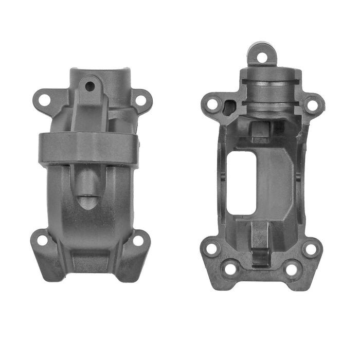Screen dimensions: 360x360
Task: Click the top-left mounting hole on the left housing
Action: click(44, 99)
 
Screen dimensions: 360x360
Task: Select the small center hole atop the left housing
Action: click(90, 86)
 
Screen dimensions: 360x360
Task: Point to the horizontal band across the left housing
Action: click(88, 148)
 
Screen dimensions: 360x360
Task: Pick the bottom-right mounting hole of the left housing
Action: click(138, 240)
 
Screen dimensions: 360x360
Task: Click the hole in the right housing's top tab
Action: click(262, 57)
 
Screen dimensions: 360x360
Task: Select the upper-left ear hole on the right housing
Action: click(212, 104)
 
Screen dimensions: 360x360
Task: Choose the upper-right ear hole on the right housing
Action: click(312, 105)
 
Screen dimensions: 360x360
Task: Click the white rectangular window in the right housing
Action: click(241, 183)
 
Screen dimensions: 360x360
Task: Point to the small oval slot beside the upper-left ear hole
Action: click(229, 106)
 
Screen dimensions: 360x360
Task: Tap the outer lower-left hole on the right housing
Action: click(211, 249)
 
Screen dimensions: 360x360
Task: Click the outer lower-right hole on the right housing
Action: click(311, 249)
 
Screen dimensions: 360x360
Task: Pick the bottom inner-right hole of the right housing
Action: click(292, 268)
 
